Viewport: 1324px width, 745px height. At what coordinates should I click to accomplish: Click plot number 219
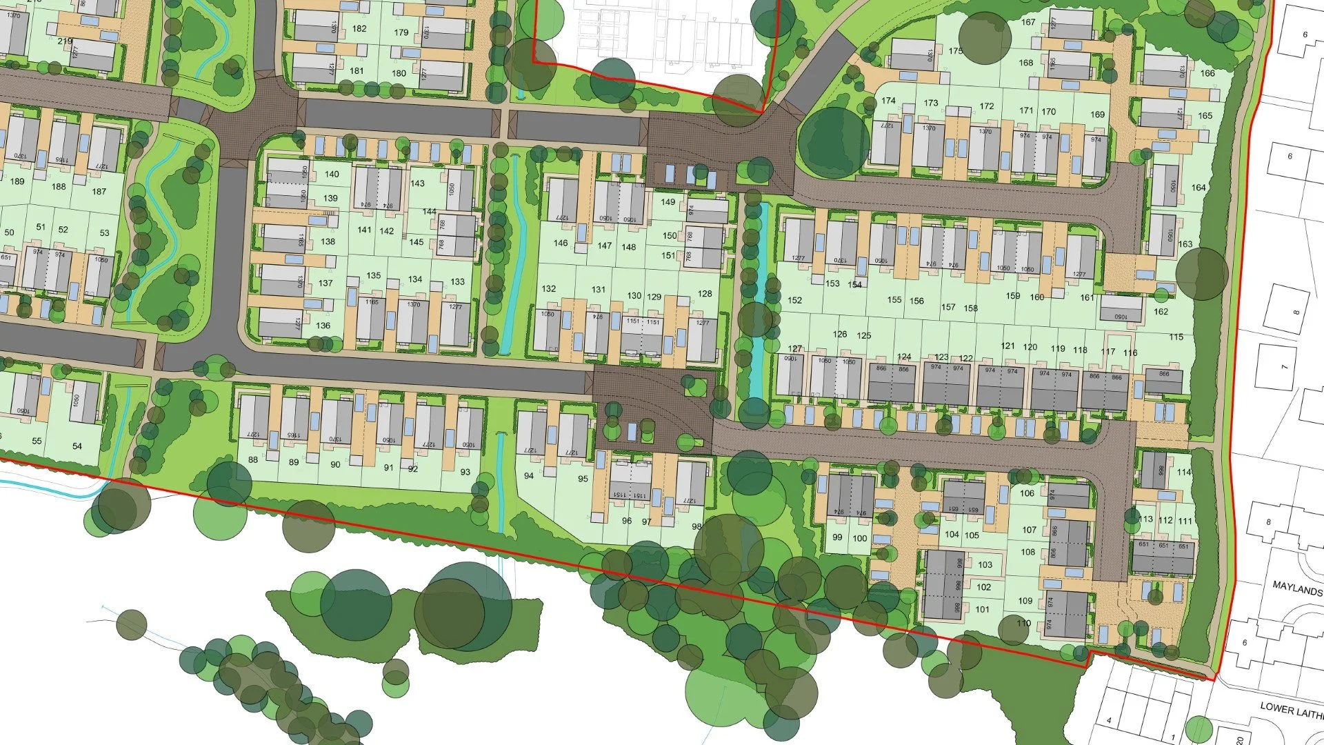click(x=65, y=41)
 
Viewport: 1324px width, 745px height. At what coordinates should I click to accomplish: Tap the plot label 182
click(x=359, y=29)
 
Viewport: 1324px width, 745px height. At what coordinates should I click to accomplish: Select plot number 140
click(x=332, y=175)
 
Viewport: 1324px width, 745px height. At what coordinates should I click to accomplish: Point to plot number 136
click(x=323, y=326)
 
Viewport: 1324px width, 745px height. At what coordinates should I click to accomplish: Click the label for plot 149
click(x=668, y=202)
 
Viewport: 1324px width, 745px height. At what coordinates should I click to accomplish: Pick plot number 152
click(x=794, y=301)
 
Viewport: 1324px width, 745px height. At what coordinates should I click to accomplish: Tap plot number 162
click(x=1161, y=312)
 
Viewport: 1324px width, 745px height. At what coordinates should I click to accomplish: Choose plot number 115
click(x=1176, y=337)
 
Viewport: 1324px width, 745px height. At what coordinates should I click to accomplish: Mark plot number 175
click(x=955, y=51)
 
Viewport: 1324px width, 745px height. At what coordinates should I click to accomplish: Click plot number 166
click(x=1207, y=73)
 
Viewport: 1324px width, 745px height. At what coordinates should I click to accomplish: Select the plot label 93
click(x=465, y=473)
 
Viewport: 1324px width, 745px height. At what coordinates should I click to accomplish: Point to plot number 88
click(x=253, y=460)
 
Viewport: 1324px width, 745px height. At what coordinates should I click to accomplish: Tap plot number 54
click(x=77, y=446)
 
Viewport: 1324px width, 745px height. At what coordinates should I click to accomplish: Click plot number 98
click(x=696, y=527)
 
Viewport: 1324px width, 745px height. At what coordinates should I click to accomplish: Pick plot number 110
click(x=1023, y=624)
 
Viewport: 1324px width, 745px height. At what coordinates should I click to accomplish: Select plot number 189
click(x=17, y=181)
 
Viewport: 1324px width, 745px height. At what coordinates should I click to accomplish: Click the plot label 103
click(x=985, y=565)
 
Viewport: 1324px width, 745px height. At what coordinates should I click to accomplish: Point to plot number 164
click(x=1198, y=188)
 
